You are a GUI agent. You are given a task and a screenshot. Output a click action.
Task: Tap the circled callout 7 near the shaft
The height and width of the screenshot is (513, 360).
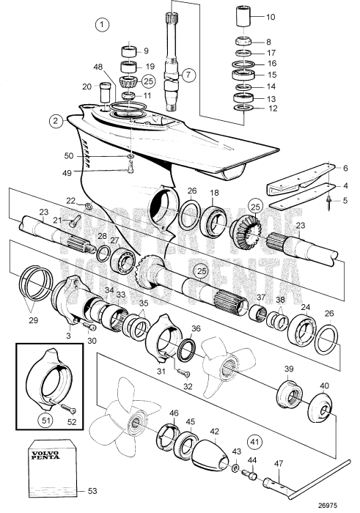(x=188, y=75)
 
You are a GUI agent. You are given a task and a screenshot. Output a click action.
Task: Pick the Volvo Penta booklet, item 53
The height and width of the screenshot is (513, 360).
(x=49, y=469)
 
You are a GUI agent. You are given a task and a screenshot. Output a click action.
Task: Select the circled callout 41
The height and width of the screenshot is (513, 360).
(x=255, y=442)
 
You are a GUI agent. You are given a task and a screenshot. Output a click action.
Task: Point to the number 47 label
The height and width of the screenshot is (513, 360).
(x=279, y=464)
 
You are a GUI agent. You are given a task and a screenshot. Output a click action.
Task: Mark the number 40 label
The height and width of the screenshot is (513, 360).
(x=323, y=386)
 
